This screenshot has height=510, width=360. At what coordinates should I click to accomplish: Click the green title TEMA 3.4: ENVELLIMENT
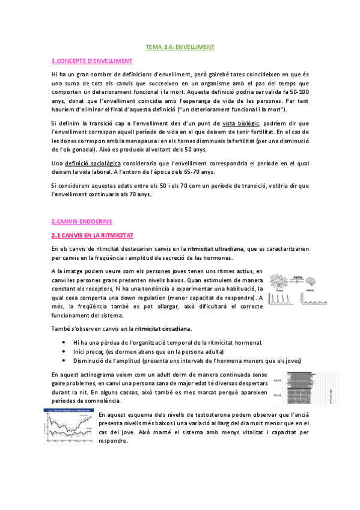[180, 46]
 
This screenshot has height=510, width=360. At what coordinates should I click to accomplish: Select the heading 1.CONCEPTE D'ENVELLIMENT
[91, 61]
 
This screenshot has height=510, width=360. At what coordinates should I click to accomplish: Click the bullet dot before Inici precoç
[65, 351]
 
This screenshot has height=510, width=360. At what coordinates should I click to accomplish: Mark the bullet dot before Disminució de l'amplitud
[65, 360]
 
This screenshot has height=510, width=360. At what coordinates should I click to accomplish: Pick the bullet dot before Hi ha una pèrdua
[65, 342]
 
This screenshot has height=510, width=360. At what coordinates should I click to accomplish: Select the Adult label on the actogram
[278, 380]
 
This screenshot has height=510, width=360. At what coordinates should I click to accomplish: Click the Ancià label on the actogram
[278, 395]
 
